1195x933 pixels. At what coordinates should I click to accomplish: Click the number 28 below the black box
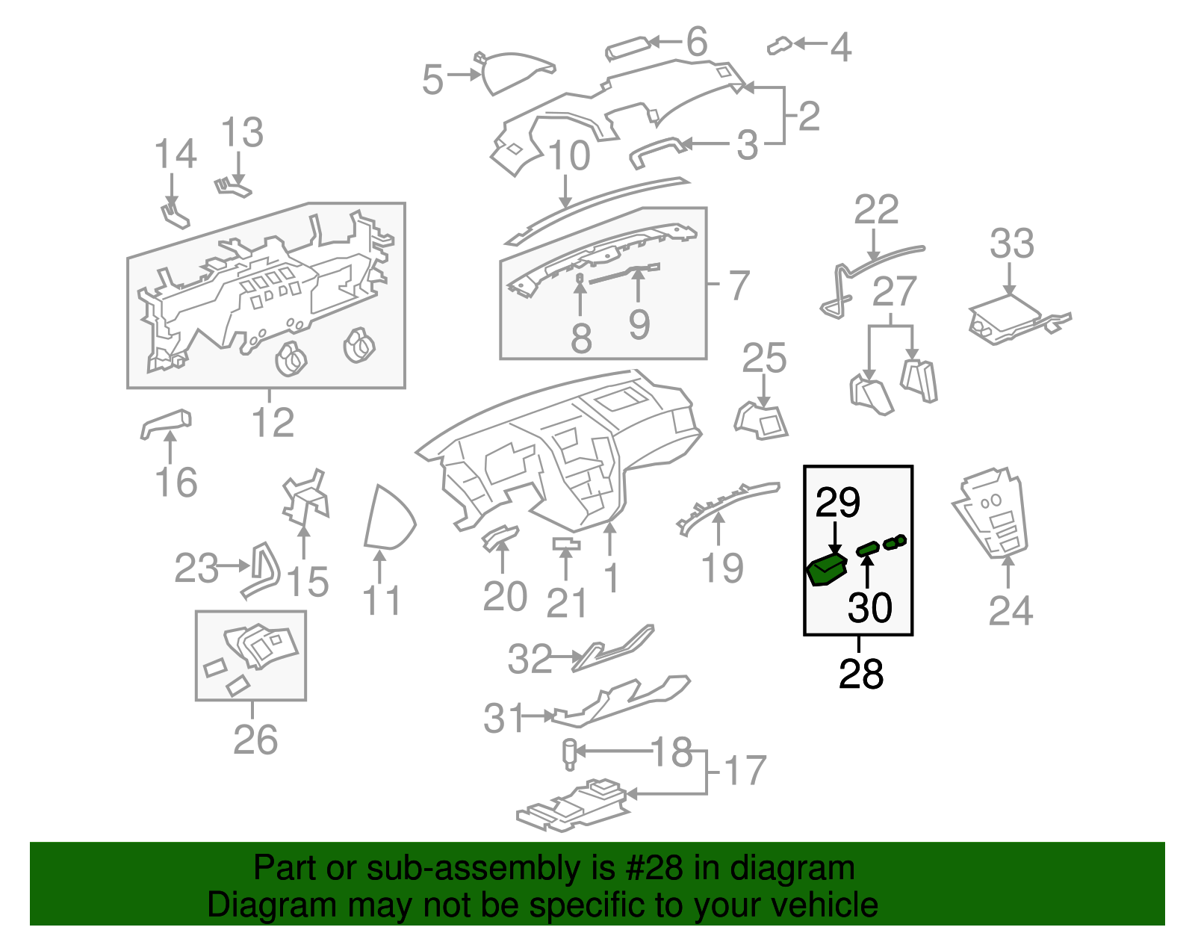861,674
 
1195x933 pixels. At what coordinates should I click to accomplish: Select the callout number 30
869,607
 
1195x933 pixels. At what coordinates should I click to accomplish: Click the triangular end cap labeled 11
387,518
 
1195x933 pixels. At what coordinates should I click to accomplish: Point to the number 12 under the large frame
273,423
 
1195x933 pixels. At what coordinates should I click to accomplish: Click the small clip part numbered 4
779,46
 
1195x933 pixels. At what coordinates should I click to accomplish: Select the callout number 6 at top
696,42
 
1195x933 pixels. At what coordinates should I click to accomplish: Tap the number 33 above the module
1011,244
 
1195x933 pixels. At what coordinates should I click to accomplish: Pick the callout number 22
875,210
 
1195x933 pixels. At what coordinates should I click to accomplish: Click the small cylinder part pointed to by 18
569,753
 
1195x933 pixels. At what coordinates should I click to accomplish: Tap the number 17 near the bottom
745,770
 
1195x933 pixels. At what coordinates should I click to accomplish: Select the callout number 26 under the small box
255,740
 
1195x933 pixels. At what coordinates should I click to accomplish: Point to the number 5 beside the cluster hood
432,79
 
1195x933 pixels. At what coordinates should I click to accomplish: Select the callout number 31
505,718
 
